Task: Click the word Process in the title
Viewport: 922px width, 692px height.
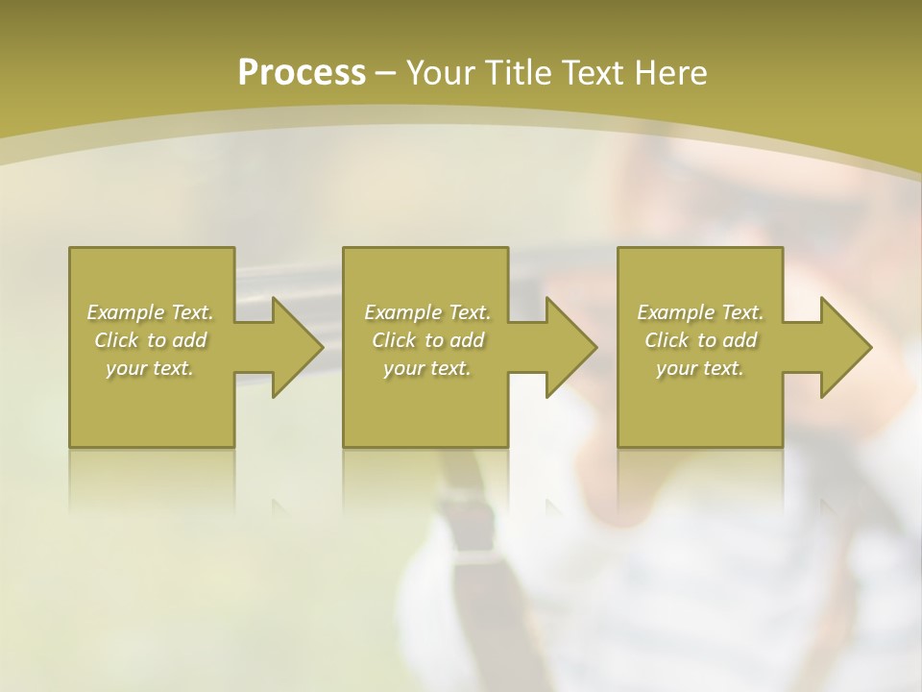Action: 302,72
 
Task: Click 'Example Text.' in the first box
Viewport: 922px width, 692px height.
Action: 151,312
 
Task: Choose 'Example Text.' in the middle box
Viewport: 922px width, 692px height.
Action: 427,312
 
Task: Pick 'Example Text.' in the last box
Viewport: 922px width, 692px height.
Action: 700,312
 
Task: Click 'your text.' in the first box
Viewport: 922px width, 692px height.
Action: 150,368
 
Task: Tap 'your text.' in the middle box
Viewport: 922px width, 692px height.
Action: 426,368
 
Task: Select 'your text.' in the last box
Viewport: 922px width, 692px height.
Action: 700,368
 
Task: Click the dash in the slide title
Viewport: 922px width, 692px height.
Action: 385,73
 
